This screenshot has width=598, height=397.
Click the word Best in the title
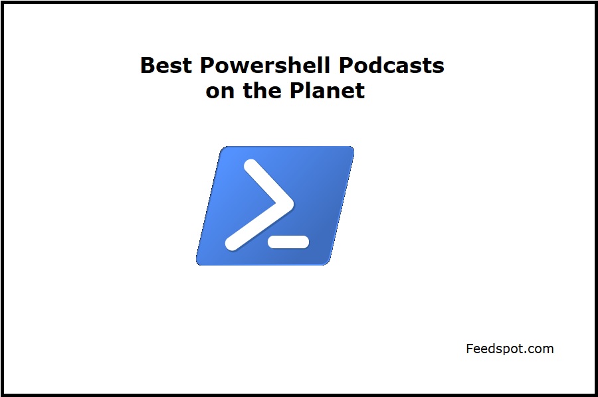tap(166, 65)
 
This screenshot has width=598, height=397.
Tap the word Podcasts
tap(391, 65)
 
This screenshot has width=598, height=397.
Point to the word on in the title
tap(220, 91)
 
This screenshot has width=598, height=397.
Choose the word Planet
tap(327, 90)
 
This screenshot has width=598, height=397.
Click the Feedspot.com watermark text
tap(510, 349)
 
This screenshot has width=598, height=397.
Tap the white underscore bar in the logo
tap(288, 242)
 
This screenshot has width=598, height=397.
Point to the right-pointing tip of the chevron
tap(293, 204)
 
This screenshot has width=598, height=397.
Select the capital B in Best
tap(148, 65)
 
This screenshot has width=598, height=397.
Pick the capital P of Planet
tap(297, 90)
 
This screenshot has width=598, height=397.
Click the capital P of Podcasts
tap(346, 65)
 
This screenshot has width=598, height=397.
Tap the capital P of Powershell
tap(207, 65)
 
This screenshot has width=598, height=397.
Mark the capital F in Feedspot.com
tap(470, 349)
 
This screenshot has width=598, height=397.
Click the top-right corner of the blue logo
tap(353, 147)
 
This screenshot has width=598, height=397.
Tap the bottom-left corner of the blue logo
tap(197, 264)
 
